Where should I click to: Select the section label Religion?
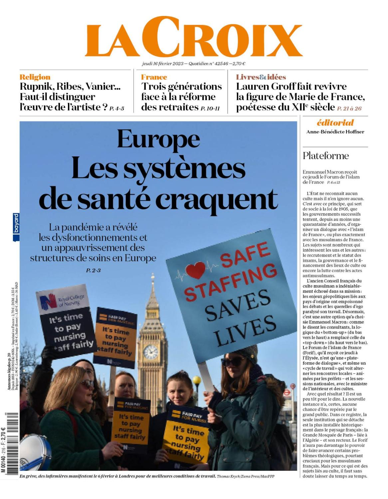pyautogui.click(x=35, y=77)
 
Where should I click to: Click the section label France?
pyautogui.click(x=154, y=77)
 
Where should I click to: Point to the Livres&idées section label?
pyautogui.click(x=261, y=77)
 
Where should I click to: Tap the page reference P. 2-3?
pyautogui.click(x=93, y=270)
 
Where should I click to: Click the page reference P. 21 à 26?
pyautogui.click(x=349, y=108)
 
